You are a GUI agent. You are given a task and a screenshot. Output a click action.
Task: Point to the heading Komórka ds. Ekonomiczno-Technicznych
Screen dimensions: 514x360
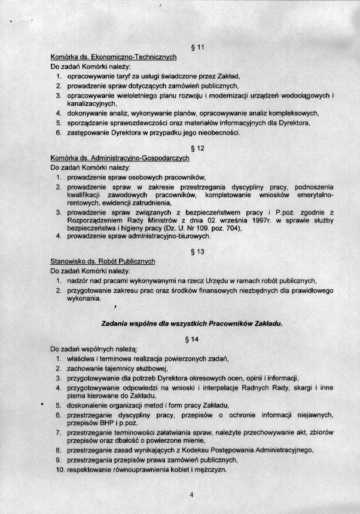tap(113, 57)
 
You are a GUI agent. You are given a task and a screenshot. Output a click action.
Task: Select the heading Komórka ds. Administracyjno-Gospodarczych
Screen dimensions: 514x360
tap(120, 158)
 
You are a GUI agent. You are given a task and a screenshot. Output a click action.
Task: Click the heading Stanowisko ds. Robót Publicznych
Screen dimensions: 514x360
tap(103, 261)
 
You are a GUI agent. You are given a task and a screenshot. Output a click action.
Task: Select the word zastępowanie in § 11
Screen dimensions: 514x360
tap(89, 132)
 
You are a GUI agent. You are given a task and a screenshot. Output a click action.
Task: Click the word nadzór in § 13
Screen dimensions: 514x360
tap(78, 280)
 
